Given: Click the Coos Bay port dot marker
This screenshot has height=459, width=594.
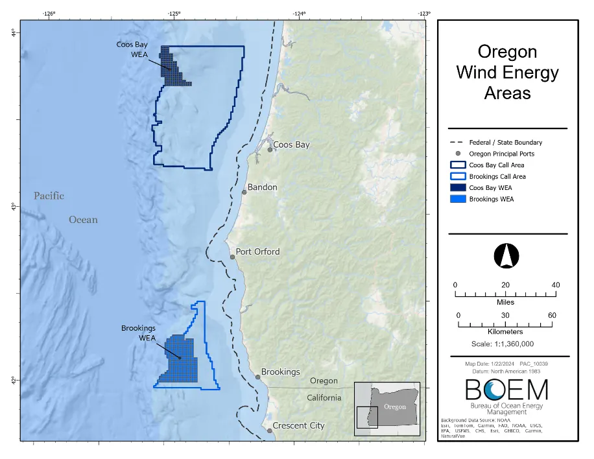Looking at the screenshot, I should (x=270, y=150).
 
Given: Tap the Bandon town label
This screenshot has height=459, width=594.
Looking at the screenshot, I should (x=262, y=187).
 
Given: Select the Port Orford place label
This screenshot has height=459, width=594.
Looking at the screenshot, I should (x=257, y=252).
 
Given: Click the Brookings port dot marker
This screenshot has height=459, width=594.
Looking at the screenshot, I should (x=257, y=377).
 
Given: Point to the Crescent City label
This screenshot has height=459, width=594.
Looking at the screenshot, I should (x=298, y=426).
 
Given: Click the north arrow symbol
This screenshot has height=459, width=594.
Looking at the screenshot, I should (x=506, y=255).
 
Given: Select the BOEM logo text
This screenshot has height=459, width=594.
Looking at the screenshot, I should (x=506, y=390).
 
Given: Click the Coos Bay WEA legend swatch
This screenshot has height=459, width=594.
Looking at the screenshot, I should (x=458, y=188).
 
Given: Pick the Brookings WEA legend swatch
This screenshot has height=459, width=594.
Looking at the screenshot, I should (x=458, y=199).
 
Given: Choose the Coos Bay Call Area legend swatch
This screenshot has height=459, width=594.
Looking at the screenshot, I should (x=458, y=165).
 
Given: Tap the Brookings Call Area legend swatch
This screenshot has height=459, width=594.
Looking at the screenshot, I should (x=458, y=176).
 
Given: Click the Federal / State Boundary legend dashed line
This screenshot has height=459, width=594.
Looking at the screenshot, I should (x=458, y=143).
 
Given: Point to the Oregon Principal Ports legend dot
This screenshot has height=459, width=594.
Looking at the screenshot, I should (x=458, y=154).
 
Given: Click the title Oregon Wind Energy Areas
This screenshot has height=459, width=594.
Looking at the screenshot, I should (x=507, y=72).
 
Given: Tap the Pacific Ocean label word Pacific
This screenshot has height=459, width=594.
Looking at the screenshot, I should (x=49, y=196).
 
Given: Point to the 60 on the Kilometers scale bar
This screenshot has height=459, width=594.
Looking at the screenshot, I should (x=552, y=315).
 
